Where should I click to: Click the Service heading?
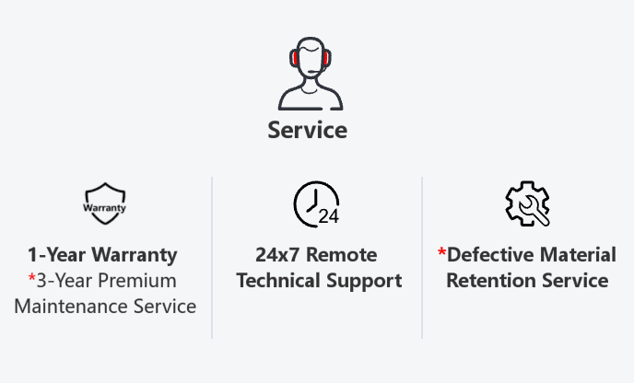click(307, 130)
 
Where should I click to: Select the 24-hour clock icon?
click(315, 203)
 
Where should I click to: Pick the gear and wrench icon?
click(527, 203)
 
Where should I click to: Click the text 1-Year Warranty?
click(102, 254)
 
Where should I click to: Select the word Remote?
click(346, 254)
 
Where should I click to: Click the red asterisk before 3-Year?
click(31, 278)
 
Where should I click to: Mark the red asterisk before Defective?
click(441, 252)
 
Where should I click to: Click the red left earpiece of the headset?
click(293, 59)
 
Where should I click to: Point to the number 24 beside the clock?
click(328, 217)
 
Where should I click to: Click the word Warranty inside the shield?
click(105, 207)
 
